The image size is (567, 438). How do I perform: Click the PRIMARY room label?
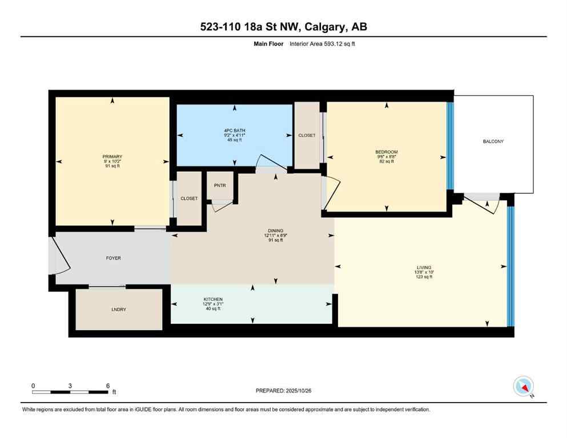tap(112, 157)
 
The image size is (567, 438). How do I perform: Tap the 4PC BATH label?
tap(235, 131)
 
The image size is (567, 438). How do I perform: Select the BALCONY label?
tap(493, 141)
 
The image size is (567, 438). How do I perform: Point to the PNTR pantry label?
tap(220, 186)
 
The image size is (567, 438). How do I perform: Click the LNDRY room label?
tap(119, 309)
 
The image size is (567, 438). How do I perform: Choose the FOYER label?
tap(114, 258)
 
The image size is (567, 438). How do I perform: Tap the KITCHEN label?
tap(213, 300)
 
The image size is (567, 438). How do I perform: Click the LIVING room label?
tap(424, 267)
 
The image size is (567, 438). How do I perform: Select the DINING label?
tap(274, 231)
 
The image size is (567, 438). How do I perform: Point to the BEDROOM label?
tap(387, 152)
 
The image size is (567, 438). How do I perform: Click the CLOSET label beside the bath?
tap(307, 135)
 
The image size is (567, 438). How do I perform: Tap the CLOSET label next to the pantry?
tap(189, 198)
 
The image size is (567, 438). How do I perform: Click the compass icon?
tap(523, 387)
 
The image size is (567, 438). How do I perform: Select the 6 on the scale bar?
tap(108, 386)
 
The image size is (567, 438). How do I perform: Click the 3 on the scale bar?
tap(70, 386)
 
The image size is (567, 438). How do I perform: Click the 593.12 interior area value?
tap(333, 43)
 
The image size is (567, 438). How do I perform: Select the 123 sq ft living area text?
tap(424, 277)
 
